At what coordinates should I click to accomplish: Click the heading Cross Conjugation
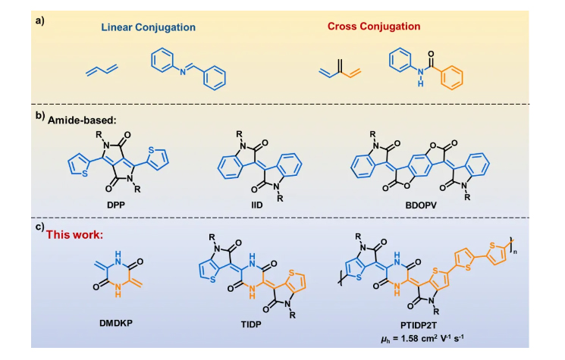click(x=373, y=27)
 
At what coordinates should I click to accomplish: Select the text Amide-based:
click(x=86, y=119)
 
